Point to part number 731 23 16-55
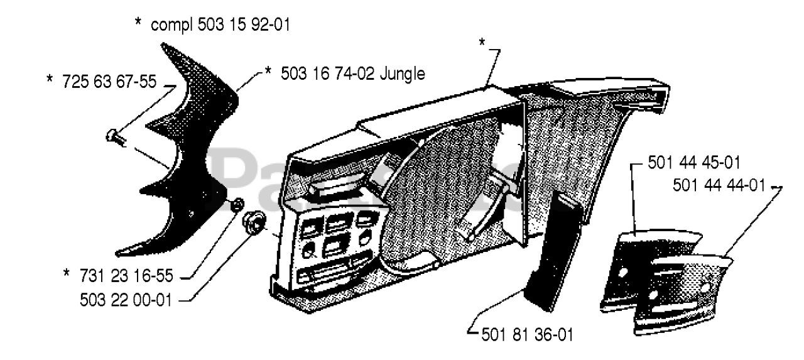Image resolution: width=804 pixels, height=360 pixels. tap(126, 275)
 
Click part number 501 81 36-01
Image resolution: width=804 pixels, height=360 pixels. tap(526, 334)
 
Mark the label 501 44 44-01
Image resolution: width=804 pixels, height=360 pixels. tap(719, 185)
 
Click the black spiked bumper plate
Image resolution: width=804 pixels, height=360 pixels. tap(182, 157)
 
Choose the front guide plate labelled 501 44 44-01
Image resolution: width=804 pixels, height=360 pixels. tap(685, 295)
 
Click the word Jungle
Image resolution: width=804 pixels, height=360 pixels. tap(403, 74)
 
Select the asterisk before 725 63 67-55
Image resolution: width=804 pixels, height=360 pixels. tap(50, 81)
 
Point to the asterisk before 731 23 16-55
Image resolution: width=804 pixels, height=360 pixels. tap(67, 275)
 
